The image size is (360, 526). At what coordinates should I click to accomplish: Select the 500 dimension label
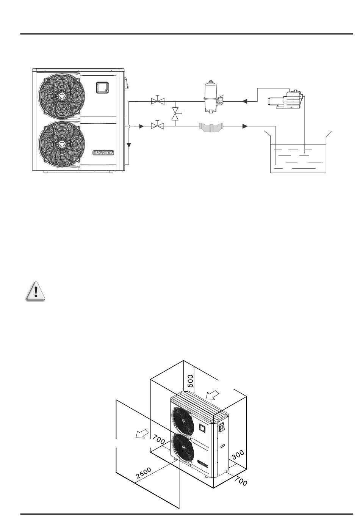[x=190, y=380]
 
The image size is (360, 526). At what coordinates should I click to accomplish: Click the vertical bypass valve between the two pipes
[x=175, y=113]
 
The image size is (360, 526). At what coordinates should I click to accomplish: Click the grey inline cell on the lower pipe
[x=211, y=127]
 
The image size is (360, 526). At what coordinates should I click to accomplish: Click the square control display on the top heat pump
[x=102, y=88]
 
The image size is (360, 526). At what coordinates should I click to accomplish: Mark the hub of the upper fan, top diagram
[x=60, y=96]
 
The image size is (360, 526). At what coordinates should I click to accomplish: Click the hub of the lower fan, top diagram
[x=60, y=144]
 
